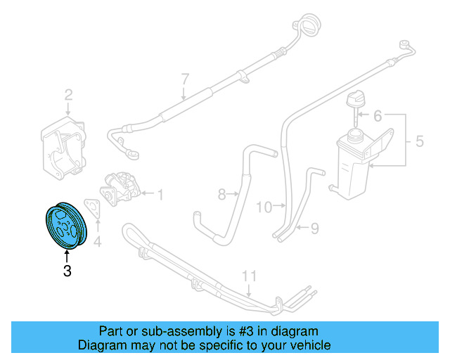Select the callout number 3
tap(67, 271)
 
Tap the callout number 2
tap(68, 95)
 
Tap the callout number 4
tap(98, 243)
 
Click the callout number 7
tap(185, 77)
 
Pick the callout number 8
tap(221, 193)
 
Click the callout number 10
tap(264, 207)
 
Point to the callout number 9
tap(315, 227)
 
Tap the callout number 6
tap(376, 115)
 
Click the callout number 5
tap(419, 141)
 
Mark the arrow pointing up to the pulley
tap(67, 255)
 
